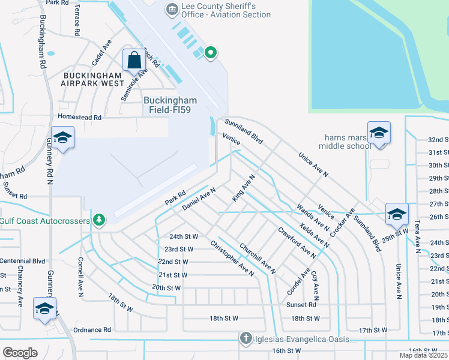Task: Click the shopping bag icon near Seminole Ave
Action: [x=134, y=61]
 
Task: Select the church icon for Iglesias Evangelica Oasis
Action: [x=245, y=338]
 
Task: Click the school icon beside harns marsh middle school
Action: [x=379, y=133]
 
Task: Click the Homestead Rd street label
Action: [x=79, y=118]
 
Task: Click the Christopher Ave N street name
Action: [x=232, y=258]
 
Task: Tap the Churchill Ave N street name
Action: [x=258, y=258]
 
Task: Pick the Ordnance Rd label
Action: [x=92, y=329]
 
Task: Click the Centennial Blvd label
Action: [x=22, y=261]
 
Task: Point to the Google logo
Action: [x=20, y=353]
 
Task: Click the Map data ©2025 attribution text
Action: [x=423, y=355]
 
